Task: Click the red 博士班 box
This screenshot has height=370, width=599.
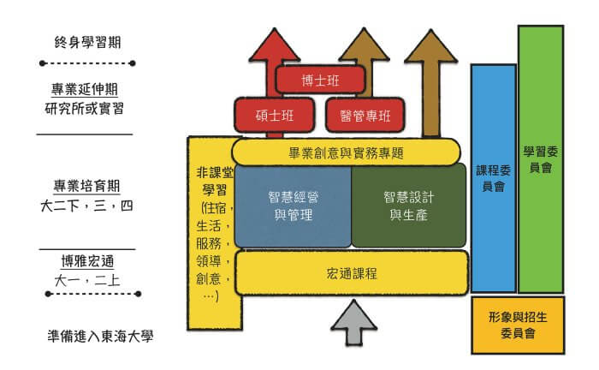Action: (x=320, y=80)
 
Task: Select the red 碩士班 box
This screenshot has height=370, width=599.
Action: (x=275, y=115)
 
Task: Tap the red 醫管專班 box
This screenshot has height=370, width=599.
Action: (x=365, y=115)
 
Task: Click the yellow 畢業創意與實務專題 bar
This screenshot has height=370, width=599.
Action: (x=346, y=152)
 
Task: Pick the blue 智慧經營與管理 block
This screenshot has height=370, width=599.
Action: (x=293, y=206)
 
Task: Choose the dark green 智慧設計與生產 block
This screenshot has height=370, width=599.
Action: (x=409, y=206)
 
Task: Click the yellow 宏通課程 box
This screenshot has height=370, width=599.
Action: (x=352, y=273)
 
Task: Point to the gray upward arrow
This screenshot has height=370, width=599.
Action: (x=354, y=323)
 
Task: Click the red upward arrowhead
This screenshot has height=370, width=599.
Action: (x=275, y=45)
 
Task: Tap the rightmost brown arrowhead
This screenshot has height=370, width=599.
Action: (x=431, y=46)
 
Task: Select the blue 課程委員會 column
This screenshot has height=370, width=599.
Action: (x=494, y=178)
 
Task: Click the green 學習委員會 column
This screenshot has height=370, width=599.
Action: (x=541, y=159)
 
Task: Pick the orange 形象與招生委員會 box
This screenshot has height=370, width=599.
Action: (x=518, y=325)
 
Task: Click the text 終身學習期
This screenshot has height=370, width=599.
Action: (x=87, y=42)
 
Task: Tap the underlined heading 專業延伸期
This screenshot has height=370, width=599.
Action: (x=85, y=89)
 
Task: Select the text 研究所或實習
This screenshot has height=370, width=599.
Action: (x=85, y=109)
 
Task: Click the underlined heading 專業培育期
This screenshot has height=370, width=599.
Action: (x=86, y=187)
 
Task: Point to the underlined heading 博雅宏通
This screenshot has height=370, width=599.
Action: (x=87, y=261)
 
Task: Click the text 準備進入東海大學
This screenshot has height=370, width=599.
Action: (x=100, y=336)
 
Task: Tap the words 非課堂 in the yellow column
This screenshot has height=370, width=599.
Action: (x=215, y=173)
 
